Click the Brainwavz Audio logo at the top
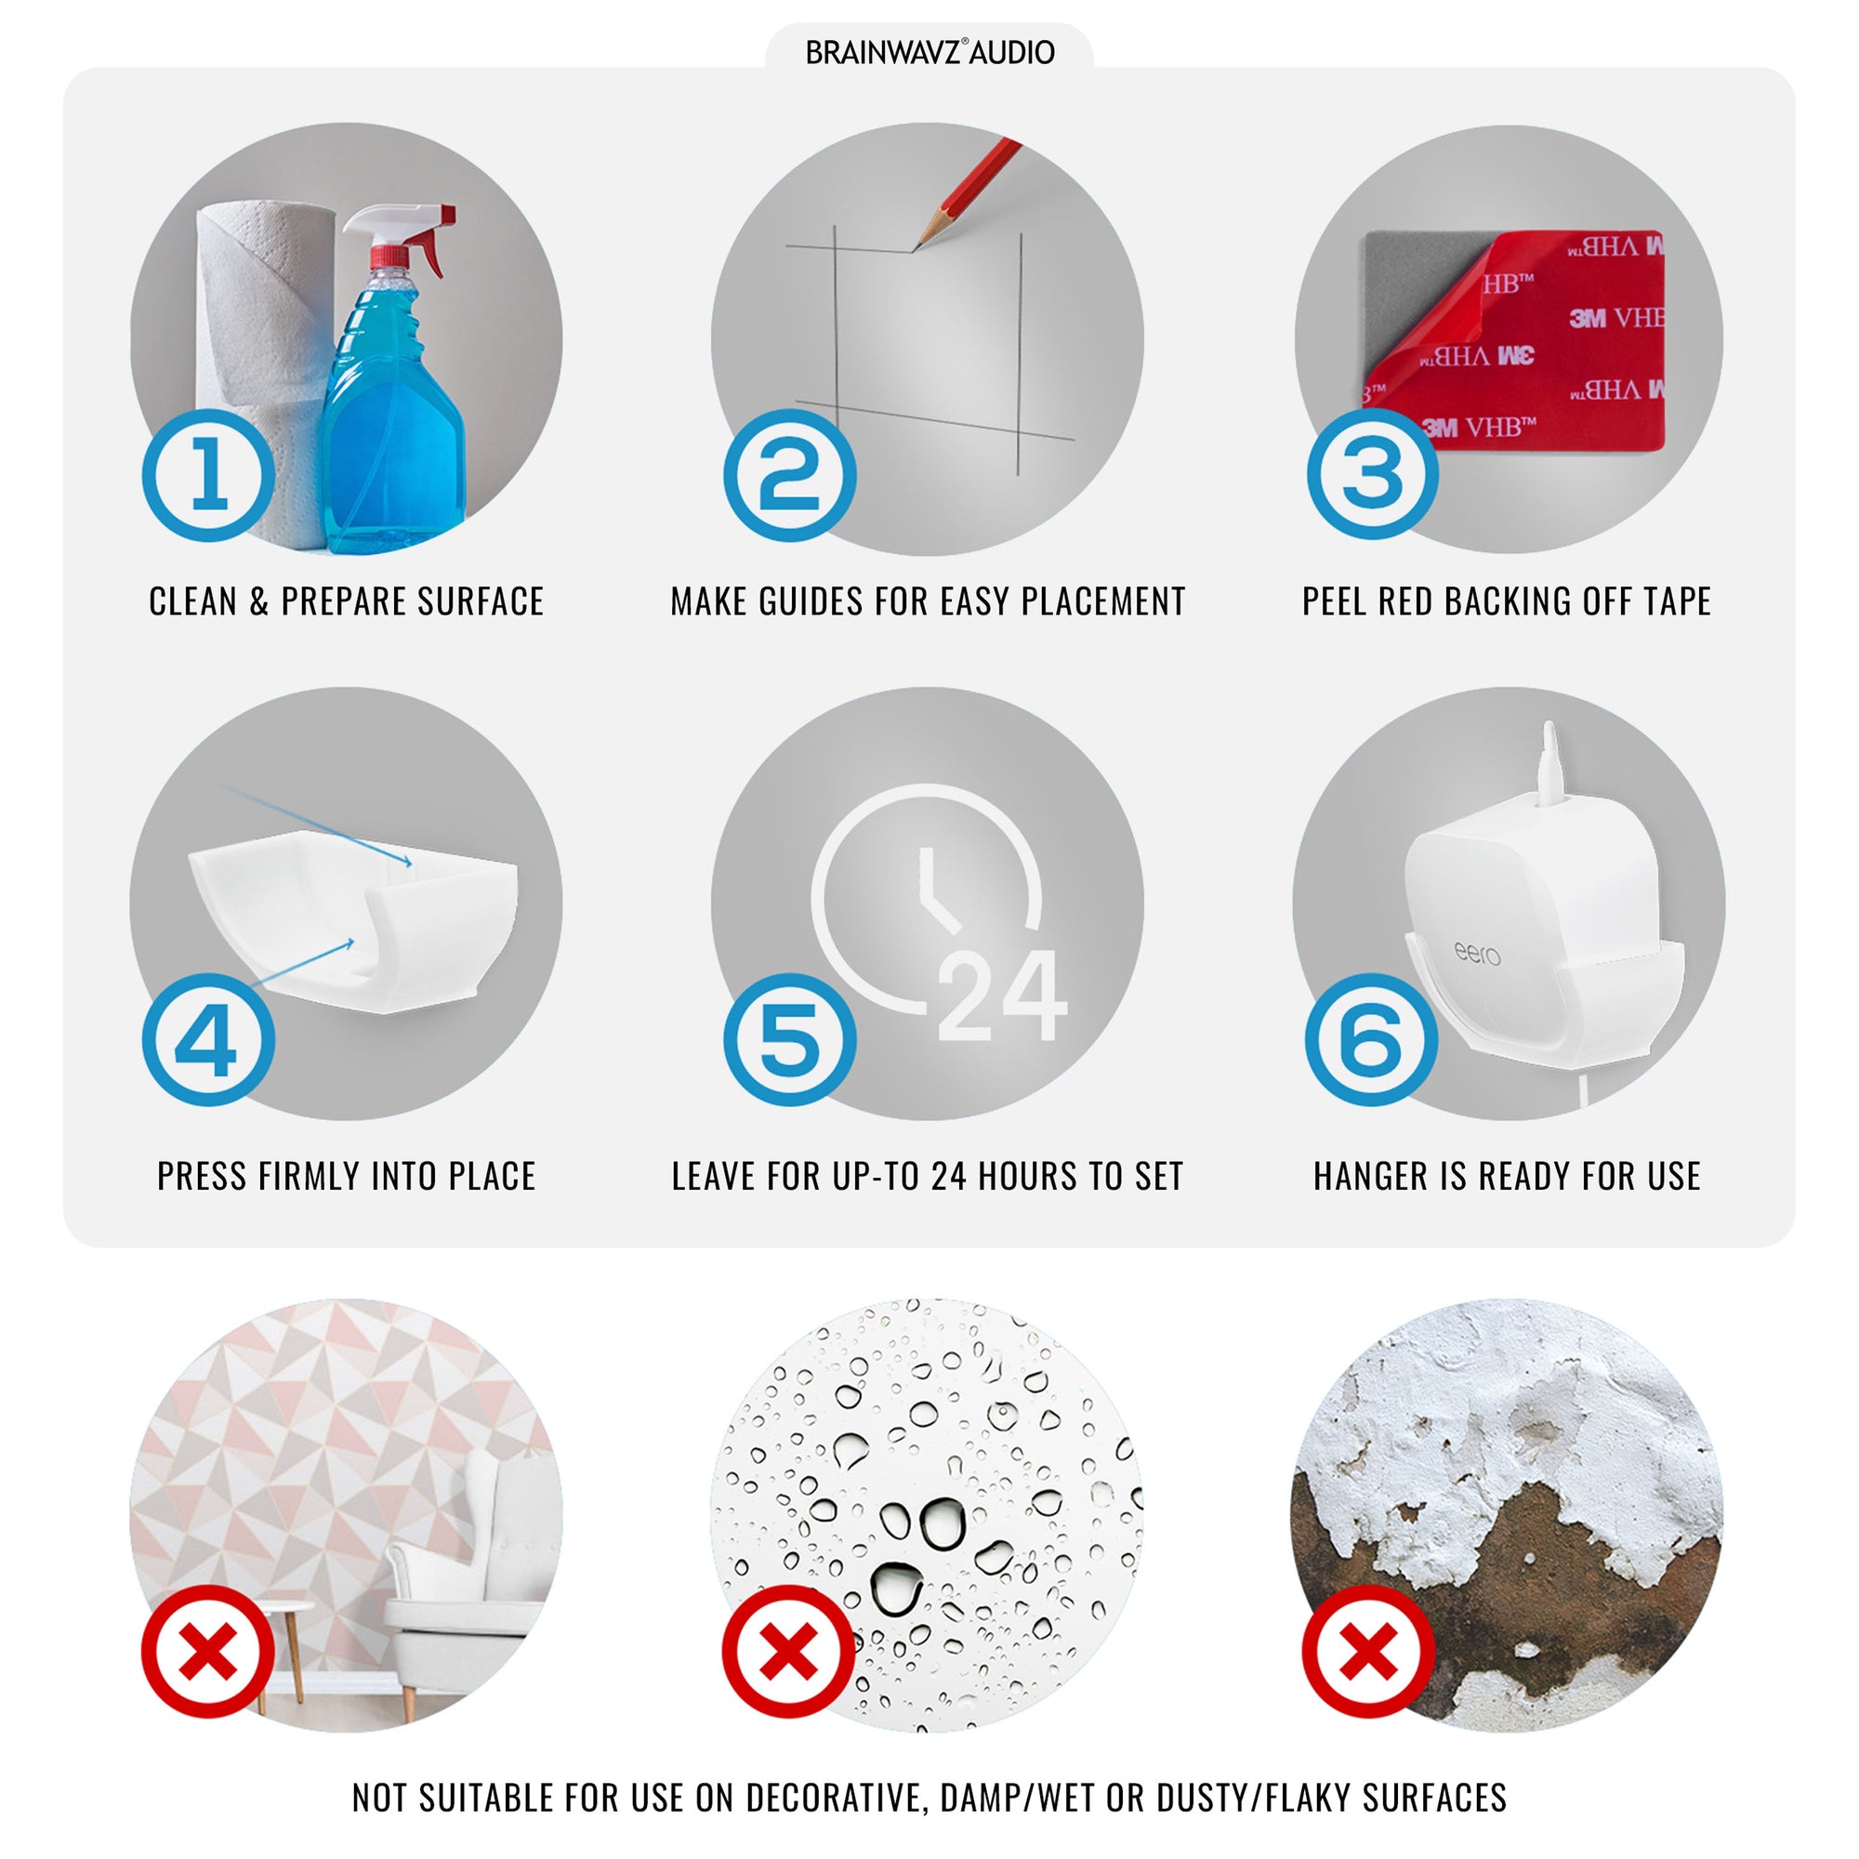coord(929,52)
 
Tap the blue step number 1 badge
coord(209,475)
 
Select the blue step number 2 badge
coord(790,475)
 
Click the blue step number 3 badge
coord(1372,473)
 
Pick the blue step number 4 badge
coord(209,1040)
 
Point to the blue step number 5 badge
coord(790,1040)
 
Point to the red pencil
coord(966,193)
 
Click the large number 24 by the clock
coord(1002,995)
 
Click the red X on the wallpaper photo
coord(209,1652)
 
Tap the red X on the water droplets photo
coord(789,1652)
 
